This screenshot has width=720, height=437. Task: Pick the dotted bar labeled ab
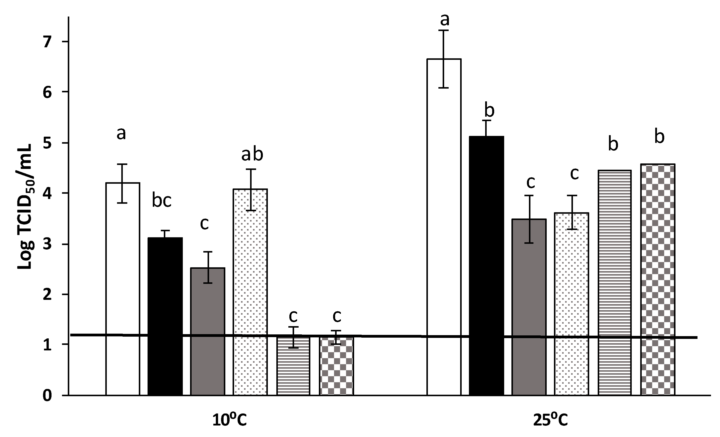pyautogui.click(x=250, y=293)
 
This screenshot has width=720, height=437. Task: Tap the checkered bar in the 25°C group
pyautogui.click(x=658, y=281)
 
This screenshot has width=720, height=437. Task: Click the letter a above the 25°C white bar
pyautogui.click(x=444, y=20)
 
